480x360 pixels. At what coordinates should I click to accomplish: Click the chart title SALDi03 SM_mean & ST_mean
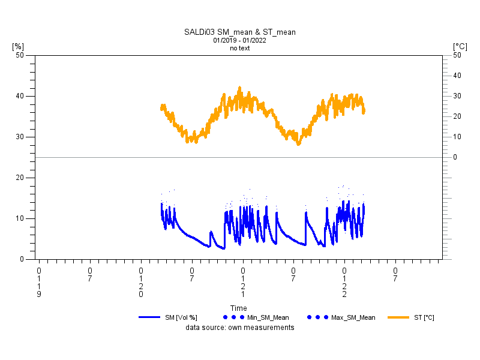click(239, 32)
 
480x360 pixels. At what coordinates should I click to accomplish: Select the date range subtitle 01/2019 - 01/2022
click(239, 41)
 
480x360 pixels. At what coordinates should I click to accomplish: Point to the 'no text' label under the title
click(239, 49)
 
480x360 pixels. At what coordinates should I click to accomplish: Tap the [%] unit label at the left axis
click(18, 46)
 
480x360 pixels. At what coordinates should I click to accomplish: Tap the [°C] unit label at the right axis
click(460, 46)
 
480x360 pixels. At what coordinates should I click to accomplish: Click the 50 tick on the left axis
click(20, 55)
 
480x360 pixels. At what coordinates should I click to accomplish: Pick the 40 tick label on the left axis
click(20, 96)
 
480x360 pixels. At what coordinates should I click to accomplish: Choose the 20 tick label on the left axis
click(20, 178)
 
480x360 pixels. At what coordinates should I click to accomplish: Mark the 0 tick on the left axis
click(22, 259)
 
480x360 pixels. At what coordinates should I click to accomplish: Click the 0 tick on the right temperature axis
click(455, 157)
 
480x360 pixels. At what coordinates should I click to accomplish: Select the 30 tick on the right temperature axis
click(457, 96)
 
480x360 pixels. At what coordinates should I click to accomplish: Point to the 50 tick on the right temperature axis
click(457, 55)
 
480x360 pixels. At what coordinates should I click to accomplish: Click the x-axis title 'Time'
click(239, 308)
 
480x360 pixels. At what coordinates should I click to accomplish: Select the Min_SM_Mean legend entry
click(265, 317)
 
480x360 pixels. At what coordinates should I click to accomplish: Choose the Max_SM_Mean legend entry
click(353, 317)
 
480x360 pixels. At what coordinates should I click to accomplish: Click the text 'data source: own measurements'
click(239, 328)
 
